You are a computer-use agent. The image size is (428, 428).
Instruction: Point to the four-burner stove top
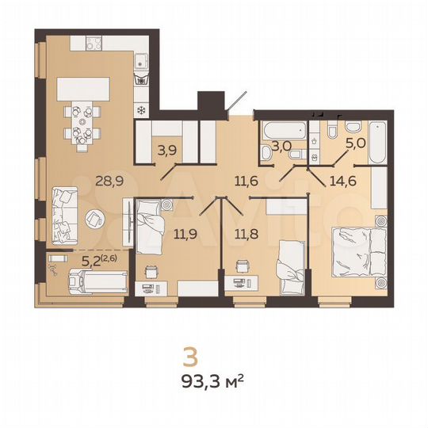click(x=143, y=79)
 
